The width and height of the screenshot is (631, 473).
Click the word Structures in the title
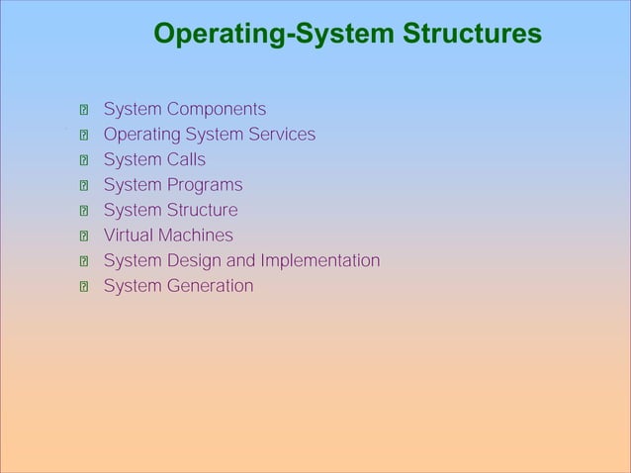(472, 36)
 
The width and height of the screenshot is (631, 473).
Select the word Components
(216, 109)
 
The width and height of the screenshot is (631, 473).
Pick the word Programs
(204, 185)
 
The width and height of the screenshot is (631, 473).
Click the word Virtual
(129, 236)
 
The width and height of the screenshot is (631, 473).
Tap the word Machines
(196, 236)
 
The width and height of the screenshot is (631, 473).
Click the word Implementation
(319, 261)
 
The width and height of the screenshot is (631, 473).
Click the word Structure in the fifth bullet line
(203, 210)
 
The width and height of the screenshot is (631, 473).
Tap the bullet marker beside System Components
(85, 110)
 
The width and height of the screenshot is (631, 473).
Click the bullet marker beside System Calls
(85, 160)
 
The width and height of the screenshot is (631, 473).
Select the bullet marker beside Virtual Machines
(85, 236)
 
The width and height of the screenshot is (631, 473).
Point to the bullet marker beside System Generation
(85, 287)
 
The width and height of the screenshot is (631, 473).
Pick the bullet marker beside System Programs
(85, 186)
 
